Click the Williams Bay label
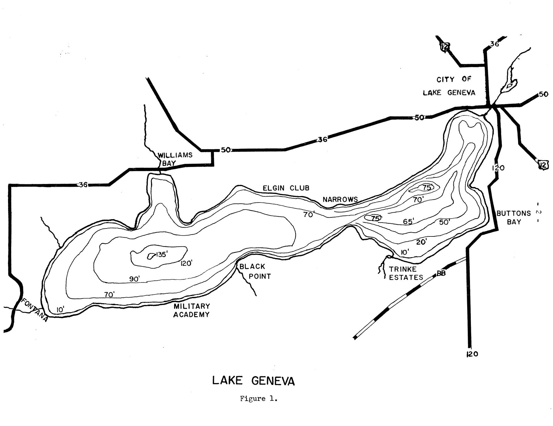pyautogui.click(x=175, y=159)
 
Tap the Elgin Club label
pyautogui.click(x=286, y=188)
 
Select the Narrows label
pyautogui.click(x=340, y=199)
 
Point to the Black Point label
pyautogui.click(x=255, y=271)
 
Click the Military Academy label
pyautogui.click(x=191, y=310)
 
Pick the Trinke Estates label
pyautogui.click(x=406, y=273)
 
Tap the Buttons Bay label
pyautogui.click(x=513, y=217)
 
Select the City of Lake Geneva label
pyautogui.click(x=449, y=86)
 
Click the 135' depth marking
pyautogui.click(x=162, y=255)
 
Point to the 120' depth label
pyautogui.click(x=186, y=263)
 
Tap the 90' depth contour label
pyautogui.click(x=135, y=279)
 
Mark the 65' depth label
pyautogui.click(x=408, y=221)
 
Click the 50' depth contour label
pyautogui.click(x=445, y=222)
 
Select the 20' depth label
pyautogui.click(x=421, y=242)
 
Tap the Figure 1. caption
pyautogui.click(x=259, y=399)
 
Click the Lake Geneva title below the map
pyautogui.click(x=253, y=381)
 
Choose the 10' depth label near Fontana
pyautogui.click(x=60, y=309)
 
